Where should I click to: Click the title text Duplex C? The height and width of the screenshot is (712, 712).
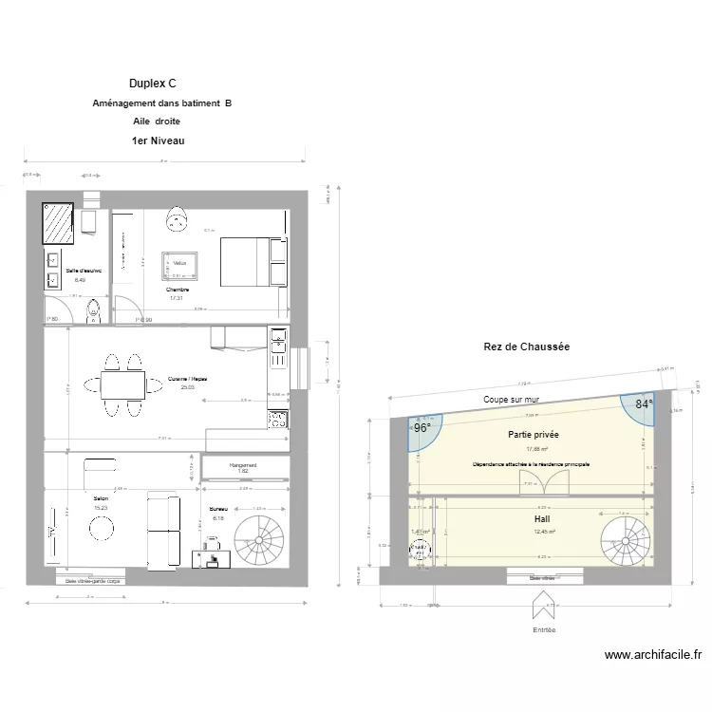pyautogui.click(x=153, y=84)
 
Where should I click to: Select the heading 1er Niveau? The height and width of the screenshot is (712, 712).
pyautogui.click(x=158, y=141)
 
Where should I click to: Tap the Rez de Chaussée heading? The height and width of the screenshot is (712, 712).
pyautogui.click(x=526, y=347)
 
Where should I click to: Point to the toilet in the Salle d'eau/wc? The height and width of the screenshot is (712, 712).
pyautogui.click(x=92, y=312)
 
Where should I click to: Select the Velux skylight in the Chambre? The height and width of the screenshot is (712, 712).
pyautogui.click(x=179, y=264)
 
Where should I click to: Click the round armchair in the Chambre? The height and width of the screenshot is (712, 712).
pyautogui.click(x=177, y=220)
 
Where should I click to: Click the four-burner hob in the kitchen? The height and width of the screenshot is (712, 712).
pyautogui.click(x=278, y=419)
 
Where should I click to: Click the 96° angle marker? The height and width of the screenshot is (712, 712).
pyautogui.click(x=422, y=428)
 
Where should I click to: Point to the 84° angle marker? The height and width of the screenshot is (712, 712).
pyautogui.click(x=645, y=404)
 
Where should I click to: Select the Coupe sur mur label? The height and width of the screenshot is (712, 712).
pyautogui.click(x=511, y=400)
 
